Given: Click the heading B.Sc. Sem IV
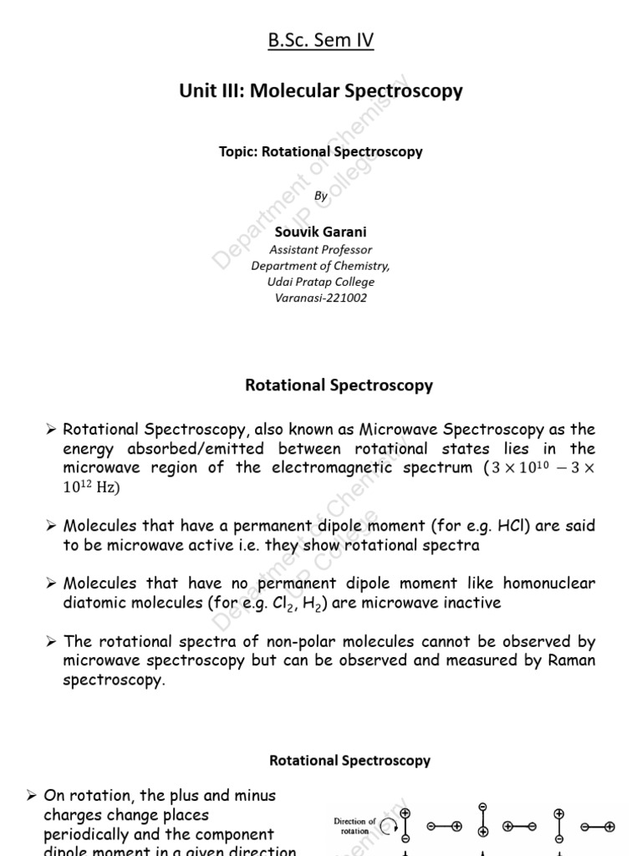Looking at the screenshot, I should pyautogui.click(x=321, y=40).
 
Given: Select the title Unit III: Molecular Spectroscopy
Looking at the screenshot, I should pyautogui.click(x=321, y=91).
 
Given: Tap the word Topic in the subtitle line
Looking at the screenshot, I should pyautogui.click(x=237, y=152).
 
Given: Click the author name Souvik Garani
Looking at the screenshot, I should pyautogui.click(x=321, y=232).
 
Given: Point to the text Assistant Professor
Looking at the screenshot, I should pyautogui.click(x=321, y=249).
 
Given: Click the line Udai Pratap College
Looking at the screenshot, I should pyautogui.click(x=321, y=282).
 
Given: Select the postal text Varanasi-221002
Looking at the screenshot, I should pyautogui.click(x=321, y=298).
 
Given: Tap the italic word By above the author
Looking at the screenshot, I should pyautogui.click(x=321, y=196).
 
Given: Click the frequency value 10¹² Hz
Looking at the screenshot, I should pyautogui.click(x=91, y=487).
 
